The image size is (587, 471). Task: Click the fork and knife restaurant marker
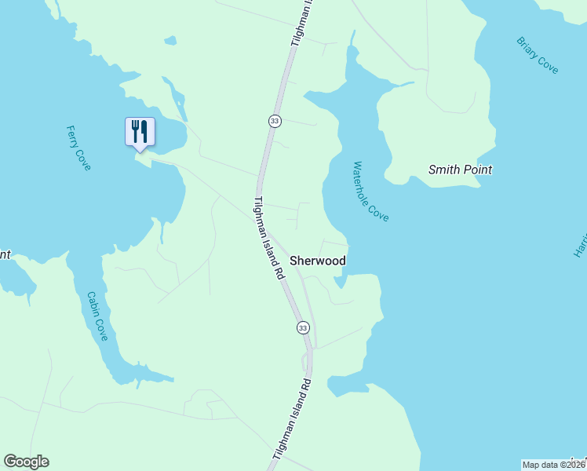(x=140, y=131)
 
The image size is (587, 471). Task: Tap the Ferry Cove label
(x=78, y=148)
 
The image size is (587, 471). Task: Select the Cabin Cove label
(x=97, y=316)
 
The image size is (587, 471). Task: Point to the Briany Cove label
(x=538, y=55)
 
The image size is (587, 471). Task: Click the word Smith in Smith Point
(x=443, y=170)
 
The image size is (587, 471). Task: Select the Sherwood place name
(x=318, y=260)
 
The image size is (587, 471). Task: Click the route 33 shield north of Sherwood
(x=274, y=121)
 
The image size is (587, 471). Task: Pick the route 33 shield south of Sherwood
(x=303, y=327)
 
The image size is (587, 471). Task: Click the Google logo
(x=26, y=462)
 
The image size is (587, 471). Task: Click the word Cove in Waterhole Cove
(x=381, y=211)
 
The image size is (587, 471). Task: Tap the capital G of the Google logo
(x=10, y=462)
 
